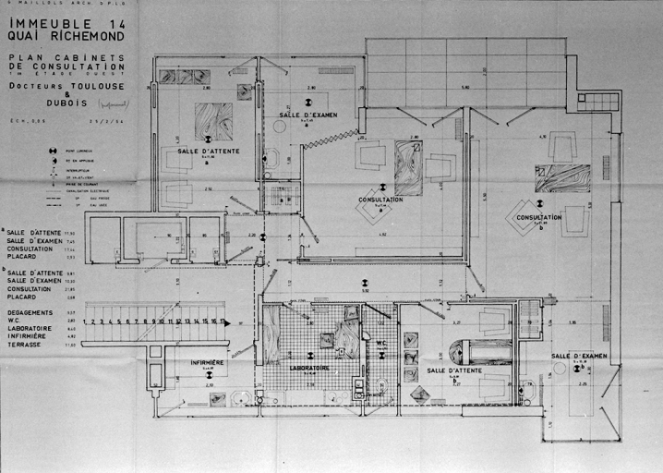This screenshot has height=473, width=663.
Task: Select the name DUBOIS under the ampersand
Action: tap(66, 103)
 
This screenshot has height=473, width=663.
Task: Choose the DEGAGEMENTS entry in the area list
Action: tap(30, 312)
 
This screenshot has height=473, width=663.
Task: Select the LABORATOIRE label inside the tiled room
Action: tap(309, 367)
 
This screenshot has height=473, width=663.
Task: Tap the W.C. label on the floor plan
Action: tap(381, 343)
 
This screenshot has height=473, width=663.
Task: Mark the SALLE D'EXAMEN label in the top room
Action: tap(308, 115)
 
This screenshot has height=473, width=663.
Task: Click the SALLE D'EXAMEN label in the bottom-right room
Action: tap(579, 356)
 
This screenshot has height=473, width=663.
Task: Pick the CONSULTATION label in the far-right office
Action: tap(539, 217)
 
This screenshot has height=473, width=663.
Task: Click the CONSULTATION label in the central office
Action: tap(380, 199)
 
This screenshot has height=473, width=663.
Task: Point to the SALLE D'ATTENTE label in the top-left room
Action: tap(209, 151)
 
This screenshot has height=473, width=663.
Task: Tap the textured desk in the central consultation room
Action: tap(408, 167)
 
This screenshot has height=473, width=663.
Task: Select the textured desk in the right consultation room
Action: tap(562, 177)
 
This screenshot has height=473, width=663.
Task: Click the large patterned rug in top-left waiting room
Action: tap(213, 121)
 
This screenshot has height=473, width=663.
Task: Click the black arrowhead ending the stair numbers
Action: tap(228, 322)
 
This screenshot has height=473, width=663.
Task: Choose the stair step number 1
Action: tap(85, 321)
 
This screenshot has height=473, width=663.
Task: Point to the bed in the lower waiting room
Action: tap(480, 352)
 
